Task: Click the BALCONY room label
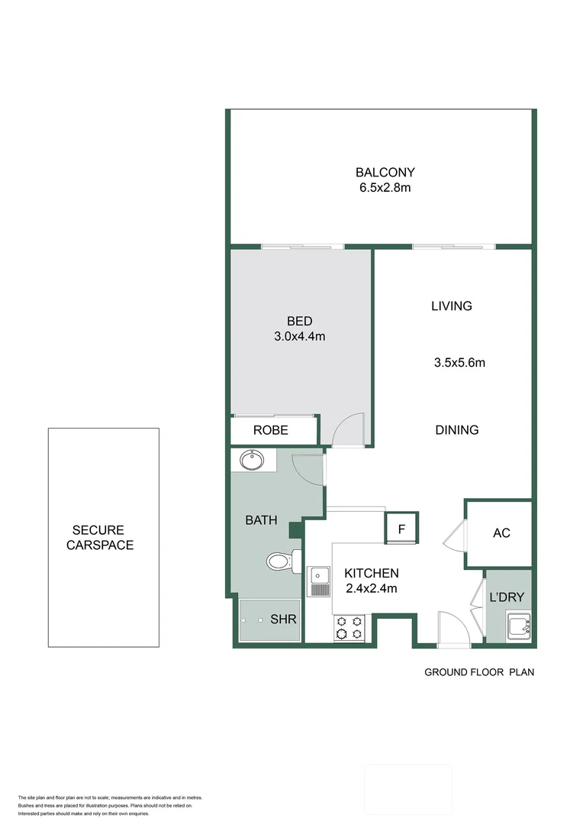tap(385, 173)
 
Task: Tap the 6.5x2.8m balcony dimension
tap(385, 188)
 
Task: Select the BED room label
tap(300, 321)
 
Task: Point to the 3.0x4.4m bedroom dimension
tap(300, 336)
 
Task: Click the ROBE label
tap(271, 431)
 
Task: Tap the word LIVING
tap(452, 306)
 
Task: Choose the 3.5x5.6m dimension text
tap(459, 363)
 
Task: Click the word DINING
tap(457, 430)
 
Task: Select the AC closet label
tap(501, 533)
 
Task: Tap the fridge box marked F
tap(402, 528)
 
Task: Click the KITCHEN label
tap(372, 573)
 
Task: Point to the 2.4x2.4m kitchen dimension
tap(372, 588)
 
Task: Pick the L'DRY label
tap(507, 597)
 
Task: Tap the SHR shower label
tap(283, 620)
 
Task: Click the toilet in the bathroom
tap(282, 562)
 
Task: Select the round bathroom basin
tap(252, 460)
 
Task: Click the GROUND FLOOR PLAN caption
tap(479, 673)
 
